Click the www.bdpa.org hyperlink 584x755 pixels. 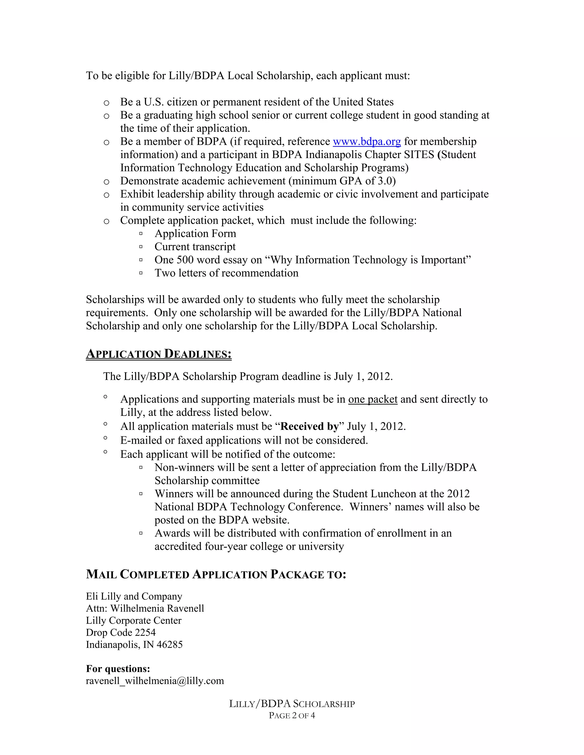click(367, 142)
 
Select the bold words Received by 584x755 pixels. click(310, 427)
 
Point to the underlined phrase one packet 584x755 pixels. click(373, 399)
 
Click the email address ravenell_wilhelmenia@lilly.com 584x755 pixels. click(155, 681)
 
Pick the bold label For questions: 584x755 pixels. click(118, 669)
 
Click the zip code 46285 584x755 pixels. click(170, 645)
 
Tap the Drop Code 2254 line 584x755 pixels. click(121, 632)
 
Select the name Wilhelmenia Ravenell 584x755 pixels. click(157, 609)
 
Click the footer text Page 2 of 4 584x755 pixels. click(292, 716)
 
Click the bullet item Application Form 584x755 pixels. click(195, 234)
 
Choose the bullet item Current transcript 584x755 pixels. click(195, 247)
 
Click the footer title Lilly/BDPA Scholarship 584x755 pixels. click(292, 704)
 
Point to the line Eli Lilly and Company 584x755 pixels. click(134, 596)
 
